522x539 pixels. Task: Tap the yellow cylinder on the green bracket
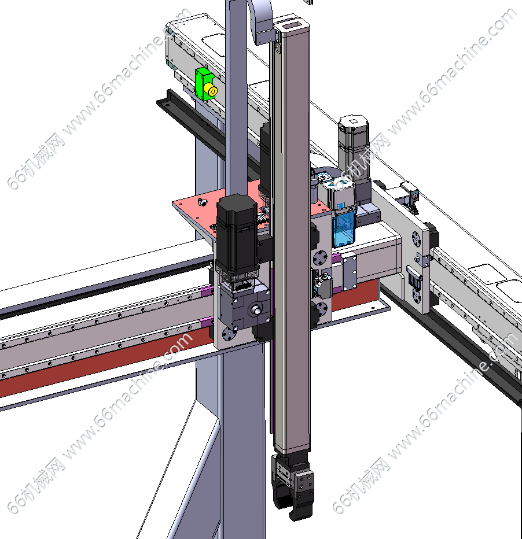click(211, 90)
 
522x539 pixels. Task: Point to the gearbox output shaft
click(256, 309)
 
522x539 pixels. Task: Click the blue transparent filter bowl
click(344, 228)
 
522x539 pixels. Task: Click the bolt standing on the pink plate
click(201, 202)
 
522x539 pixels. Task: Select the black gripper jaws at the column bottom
click(293, 486)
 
